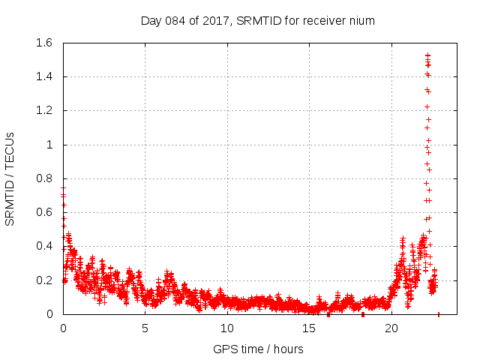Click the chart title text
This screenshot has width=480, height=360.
[257, 20]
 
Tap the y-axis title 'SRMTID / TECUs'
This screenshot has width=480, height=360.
[10, 178]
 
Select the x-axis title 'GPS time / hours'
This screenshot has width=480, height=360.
[257, 349]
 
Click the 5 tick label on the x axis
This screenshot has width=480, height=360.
[145, 328]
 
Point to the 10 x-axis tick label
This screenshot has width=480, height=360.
[226, 328]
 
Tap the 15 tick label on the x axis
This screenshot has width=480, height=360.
[308, 328]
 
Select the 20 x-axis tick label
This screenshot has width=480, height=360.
[390, 328]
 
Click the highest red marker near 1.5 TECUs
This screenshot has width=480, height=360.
[427, 55]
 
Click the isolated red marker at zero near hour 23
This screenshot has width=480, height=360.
[439, 314]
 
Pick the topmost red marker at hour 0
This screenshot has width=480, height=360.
[63, 188]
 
